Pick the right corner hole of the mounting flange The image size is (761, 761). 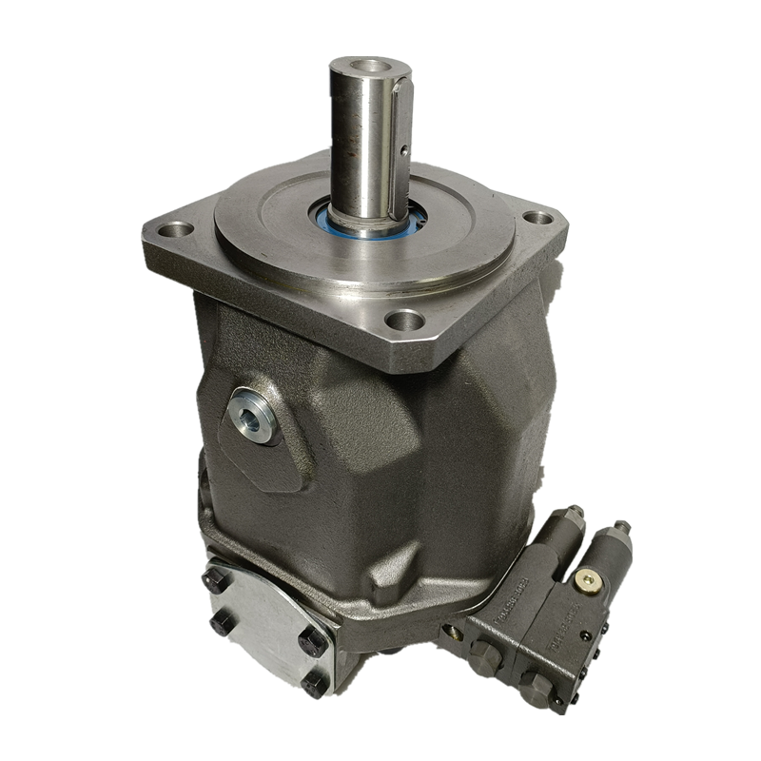[x=538, y=217]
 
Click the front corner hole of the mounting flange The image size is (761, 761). [x=404, y=319]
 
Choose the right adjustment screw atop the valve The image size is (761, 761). [x=621, y=528]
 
